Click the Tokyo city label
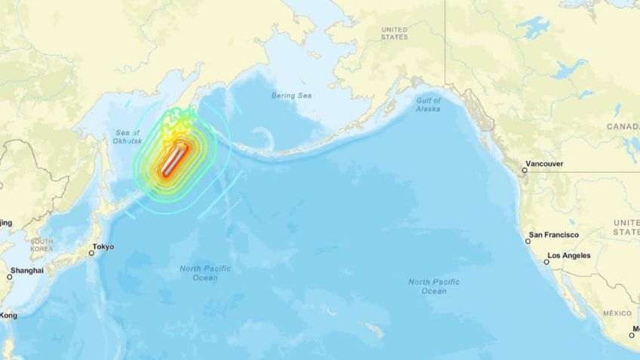pyautogui.click(x=103, y=247)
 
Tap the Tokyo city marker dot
pyautogui.click(x=91, y=253)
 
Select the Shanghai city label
pyautogui.click(x=26, y=270)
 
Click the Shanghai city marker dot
pyautogui.click(x=10, y=277)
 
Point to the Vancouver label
pyautogui.click(x=547, y=163)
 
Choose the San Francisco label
pyautogui.click(x=554, y=235)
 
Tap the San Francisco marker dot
pyautogui.click(x=528, y=241)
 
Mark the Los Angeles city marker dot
pyautogui.click(x=547, y=262)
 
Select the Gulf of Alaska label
pyautogui.click(x=428, y=104)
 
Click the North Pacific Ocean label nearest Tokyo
pyautogui.click(x=205, y=272)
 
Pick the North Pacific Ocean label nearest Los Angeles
pyautogui.click(x=434, y=286)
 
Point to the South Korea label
pyautogui.click(x=42, y=245)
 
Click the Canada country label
pyautogui.click(x=623, y=127)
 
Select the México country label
pyautogui.click(x=617, y=312)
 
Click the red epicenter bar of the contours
pyautogui.click(x=171, y=160)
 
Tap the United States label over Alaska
pyautogui.click(x=394, y=33)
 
